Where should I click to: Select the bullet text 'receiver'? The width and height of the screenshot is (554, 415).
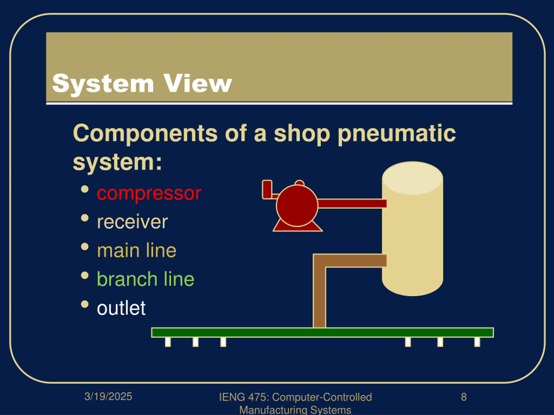pos(132,222)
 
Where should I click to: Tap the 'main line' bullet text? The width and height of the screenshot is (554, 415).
pos(137,251)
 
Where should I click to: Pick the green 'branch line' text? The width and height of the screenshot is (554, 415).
pos(145,279)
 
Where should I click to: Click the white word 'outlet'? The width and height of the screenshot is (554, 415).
pos(121,308)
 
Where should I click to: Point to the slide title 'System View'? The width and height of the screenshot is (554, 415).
pos(142,84)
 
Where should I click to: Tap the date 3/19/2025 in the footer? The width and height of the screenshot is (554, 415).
pos(108,396)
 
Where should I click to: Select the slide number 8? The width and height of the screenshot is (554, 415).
pos(464,397)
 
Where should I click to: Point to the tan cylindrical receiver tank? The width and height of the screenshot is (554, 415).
pos(412,238)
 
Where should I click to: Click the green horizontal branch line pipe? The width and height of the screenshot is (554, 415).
pos(322,332)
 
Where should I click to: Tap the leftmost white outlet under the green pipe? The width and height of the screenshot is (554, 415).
pos(168,342)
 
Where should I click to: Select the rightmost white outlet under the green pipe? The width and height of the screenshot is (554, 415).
pos(477,342)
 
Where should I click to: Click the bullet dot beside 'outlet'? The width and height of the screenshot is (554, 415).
pos(85,304)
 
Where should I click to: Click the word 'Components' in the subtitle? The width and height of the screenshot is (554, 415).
pos(145,133)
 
